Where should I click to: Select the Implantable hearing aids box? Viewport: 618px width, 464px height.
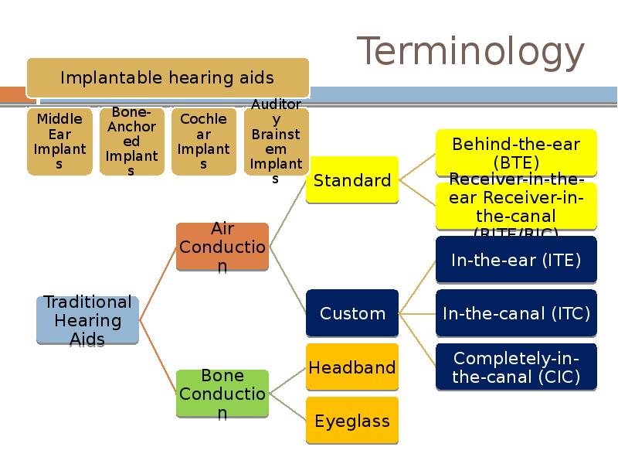click(x=168, y=77)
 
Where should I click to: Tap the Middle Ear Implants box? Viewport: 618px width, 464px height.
click(x=59, y=142)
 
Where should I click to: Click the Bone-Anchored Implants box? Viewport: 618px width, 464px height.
click(x=132, y=142)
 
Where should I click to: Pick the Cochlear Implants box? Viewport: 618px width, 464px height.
click(x=204, y=142)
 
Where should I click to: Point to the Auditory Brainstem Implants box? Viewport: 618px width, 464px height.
click(x=276, y=142)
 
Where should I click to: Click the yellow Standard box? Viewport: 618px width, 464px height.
click(x=352, y=180)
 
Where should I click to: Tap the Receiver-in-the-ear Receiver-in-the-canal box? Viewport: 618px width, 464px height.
click(x=516, y=206)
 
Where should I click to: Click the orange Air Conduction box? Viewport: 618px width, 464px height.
click(x=222, y=247)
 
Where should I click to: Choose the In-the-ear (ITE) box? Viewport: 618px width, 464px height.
click(x=516, y=260)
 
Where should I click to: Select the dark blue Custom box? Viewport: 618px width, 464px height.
click(x=352, y=313)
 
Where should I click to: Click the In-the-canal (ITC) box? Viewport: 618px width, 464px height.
click(x=516, y=313)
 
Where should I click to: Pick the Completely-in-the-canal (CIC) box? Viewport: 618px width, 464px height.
click(x=516, y=367)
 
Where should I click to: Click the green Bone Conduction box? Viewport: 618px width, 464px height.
click(x=222, y=394)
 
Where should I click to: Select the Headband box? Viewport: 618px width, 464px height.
click(x=352, y=367)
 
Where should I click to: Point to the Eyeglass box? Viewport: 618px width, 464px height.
click(x=352, y=421)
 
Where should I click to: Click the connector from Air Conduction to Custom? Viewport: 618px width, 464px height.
click(x=287, y=281)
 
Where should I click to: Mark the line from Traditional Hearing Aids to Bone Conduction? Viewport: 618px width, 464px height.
click(x=158, y=356)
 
